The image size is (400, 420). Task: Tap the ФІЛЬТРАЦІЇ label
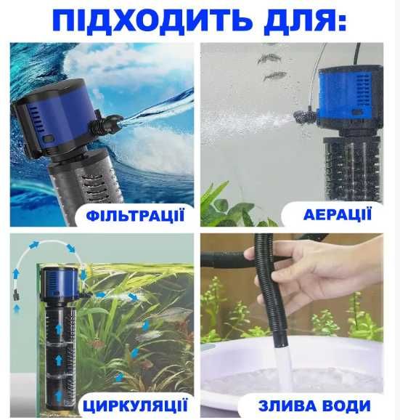[134, 216]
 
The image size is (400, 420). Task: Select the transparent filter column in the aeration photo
[356, 174]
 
